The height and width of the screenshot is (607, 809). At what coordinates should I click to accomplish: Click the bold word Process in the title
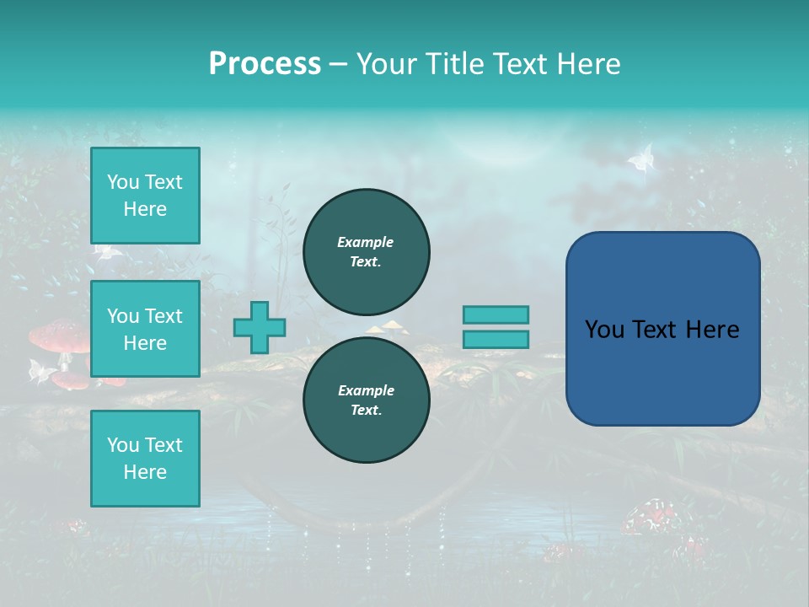(x=265, y=64)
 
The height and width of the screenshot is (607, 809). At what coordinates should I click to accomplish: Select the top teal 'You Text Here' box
(x=145, y=196)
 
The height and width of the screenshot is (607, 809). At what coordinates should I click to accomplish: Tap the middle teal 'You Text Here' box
(x=145, y=329)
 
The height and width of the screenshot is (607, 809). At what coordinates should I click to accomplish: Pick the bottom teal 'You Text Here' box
(x=145, y=459)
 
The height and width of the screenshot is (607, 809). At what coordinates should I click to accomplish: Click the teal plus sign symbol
(x=259, y=327)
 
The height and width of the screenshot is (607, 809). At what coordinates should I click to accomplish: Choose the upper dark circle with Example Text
(x=366, y=251)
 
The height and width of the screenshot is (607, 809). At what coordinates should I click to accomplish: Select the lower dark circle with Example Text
(x=366, y=400)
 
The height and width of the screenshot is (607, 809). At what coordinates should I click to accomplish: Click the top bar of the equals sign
(x=496, y=314)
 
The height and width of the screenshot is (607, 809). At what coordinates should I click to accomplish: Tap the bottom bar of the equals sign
(x=496, y=339)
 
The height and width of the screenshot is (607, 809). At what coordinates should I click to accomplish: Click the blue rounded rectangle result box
(x=662, y=329)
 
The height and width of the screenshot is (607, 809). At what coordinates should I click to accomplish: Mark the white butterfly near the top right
(x=642, y=158)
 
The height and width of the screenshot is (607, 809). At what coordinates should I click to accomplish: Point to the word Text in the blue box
(x=663, y=330)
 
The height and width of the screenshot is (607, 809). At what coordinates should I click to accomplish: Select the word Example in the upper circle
(x=366, y=242)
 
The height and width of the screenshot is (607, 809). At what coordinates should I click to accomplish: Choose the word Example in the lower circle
(x=366, y=390)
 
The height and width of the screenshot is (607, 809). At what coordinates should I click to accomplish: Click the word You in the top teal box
(x=123, y=182)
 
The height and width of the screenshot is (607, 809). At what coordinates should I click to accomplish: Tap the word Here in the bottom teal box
(x=145, y=472)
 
